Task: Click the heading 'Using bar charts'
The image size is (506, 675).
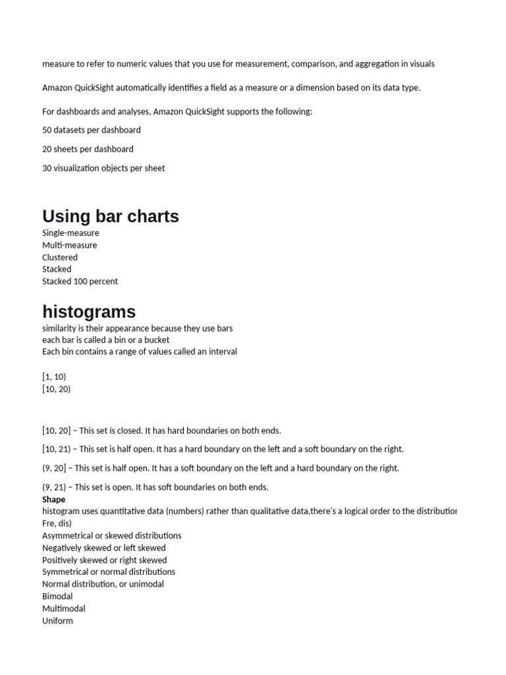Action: (111, 216)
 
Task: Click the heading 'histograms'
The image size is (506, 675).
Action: (89, 311)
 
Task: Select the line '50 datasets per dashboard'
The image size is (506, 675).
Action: (92, 130)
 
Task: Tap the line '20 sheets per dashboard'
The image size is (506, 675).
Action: (88, 149)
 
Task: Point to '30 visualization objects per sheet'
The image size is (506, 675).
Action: (103, 168)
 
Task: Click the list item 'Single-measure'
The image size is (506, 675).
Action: (70, 233)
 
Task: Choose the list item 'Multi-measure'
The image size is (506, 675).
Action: (69, 245)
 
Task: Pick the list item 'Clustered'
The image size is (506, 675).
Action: (60, 257)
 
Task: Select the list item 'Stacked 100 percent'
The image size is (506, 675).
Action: (80, 281)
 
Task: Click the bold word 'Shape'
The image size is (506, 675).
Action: (54, 500)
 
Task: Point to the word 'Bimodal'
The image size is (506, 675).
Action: (57, 597)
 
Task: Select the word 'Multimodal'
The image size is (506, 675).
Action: (64, 608)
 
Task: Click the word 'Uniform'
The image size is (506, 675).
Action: (57, 621)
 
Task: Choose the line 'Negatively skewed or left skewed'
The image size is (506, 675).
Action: (104, 548)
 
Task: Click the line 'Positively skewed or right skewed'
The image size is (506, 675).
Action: (105, 560)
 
